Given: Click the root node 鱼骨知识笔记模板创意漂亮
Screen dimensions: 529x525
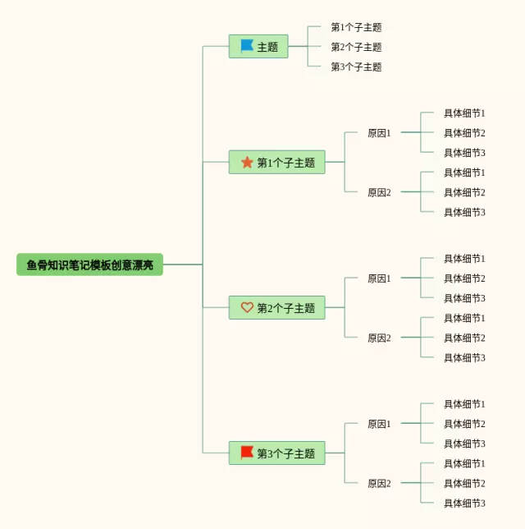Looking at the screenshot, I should [89, 264].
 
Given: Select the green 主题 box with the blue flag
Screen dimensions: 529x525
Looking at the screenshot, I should [258, 47].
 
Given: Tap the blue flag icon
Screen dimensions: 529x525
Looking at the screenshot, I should [247, 46].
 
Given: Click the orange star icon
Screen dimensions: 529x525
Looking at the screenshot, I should [247, 163].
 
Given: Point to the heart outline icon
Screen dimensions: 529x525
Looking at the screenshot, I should [247, 308].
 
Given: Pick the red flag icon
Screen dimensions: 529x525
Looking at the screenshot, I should [247, 453].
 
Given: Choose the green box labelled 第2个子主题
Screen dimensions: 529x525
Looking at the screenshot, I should [276, 308].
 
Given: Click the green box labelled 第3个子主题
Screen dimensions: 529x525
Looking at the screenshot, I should [276, 453].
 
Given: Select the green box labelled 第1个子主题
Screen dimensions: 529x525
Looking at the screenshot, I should [276, 163].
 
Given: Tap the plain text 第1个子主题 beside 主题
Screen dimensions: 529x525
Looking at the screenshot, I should [356, 27].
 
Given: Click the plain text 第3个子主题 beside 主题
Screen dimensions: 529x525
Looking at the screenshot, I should [356, 67].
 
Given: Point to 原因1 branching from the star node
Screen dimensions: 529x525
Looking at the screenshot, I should [379, 133].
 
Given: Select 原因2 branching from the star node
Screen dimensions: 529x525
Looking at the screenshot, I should [379, 192].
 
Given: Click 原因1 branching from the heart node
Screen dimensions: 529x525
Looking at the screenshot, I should [379, 278].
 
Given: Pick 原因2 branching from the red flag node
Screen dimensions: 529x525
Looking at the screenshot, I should [379, 483].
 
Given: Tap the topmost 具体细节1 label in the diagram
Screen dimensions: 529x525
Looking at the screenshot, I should [464, 113].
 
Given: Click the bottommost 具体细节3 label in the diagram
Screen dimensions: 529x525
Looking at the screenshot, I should [464, 503].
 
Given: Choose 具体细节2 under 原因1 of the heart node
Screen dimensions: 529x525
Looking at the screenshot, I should [464, 278].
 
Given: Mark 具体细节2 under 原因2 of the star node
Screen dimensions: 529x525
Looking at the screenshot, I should [464, 192].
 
